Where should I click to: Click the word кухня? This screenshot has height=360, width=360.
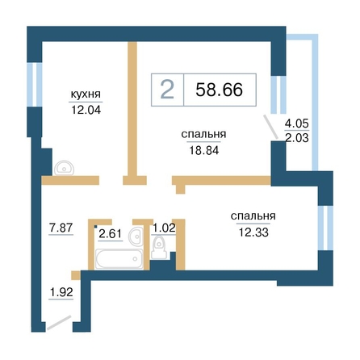pyautogui.click(x=86, y=94)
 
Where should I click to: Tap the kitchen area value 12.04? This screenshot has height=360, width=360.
pyautogui.click(x=86, y=110)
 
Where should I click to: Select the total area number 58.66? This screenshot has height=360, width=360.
pyautogui.click(x=220, y=90)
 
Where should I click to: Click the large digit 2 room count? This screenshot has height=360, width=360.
pyautogui.click(x=167, y=90)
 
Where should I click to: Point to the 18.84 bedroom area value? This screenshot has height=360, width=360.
pyautogui.click(x=204, y=150)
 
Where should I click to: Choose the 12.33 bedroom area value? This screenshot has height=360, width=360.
pyautogui.click(x=253, y=232)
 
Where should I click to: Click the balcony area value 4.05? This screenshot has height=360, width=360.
pyautogui.click(x=297, y=123)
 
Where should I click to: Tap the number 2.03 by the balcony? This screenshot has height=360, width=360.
pyautogui.click(x=297, y=138)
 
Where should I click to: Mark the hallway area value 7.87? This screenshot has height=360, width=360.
pyautogui.click(x=61, y=228)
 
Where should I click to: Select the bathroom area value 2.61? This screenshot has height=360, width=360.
pyautogui.click(x=111, y=233)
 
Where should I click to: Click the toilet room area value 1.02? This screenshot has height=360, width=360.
pyautogui.click(x=164, y=228)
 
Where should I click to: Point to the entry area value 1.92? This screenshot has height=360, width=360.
pyautogui.click(x=61, y=292)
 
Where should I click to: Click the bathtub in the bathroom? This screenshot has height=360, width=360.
pyautogui.click(x=119, y=259)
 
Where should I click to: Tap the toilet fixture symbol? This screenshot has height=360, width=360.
pyautogui.click(x=159, y=247)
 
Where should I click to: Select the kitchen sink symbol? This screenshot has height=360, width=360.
pyautogui.click(x=64, y=168)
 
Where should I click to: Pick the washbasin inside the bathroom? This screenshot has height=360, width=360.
pyautogui.click(x=136, y=236)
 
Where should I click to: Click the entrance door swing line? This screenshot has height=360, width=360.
pyautogui.click(x=59, y=323)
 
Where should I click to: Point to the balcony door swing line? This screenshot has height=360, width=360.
pyautogui.click(x=270, y=127)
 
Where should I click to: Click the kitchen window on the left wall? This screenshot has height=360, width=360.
pyautogui.click(x=35, y=85)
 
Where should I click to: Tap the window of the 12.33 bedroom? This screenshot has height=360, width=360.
pyautogui.click(x=325, y=228)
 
